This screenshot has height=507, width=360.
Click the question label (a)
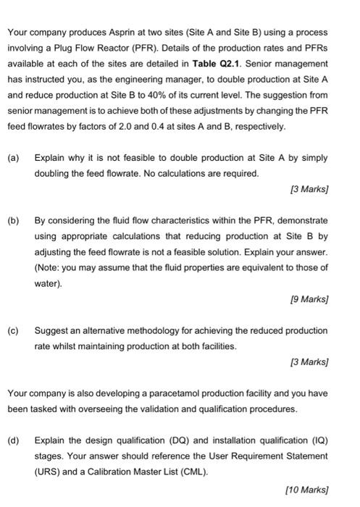click(x=13, y=157)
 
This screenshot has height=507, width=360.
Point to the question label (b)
click(x=13, y=219)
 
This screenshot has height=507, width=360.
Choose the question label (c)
click(x=13, y=330)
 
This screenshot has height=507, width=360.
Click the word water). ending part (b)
click(x=48, y=282)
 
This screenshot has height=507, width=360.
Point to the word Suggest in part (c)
click(x=51, y=330)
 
